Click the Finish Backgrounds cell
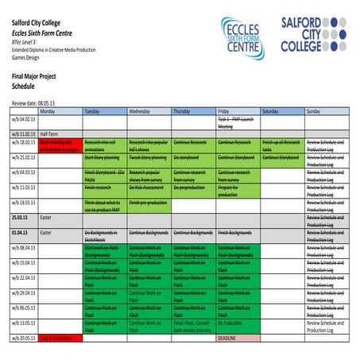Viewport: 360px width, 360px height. [236, 233]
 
